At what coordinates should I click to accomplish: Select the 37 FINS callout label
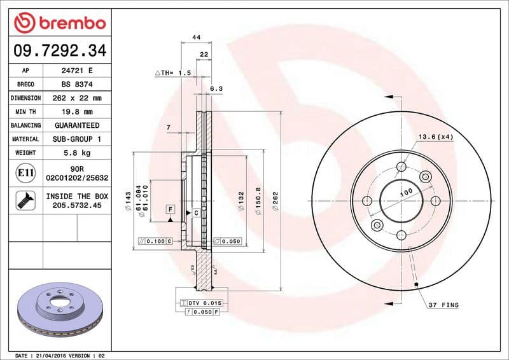point(443,305)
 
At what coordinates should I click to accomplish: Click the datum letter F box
point(171,209)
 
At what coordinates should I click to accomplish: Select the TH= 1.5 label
point(173,73)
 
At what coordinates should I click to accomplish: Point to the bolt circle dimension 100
point(405,191)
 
